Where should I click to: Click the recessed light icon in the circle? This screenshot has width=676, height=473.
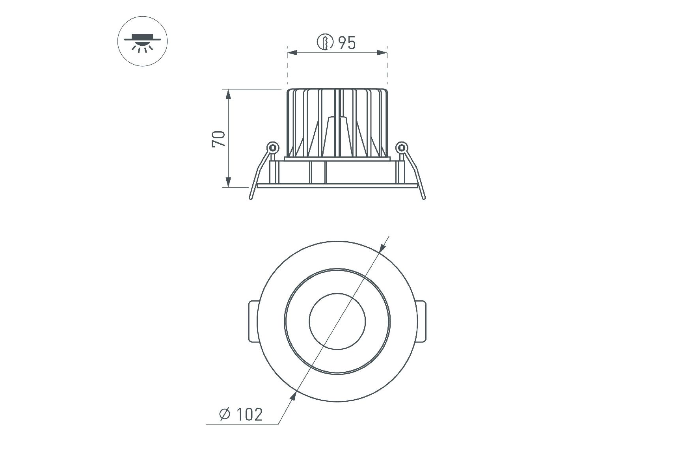143,41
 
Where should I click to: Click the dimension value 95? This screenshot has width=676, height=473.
347,43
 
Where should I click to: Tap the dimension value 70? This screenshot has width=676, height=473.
219,139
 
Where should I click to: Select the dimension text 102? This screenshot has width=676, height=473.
249,414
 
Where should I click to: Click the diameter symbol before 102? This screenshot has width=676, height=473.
225,414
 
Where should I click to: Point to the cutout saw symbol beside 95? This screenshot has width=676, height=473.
326,42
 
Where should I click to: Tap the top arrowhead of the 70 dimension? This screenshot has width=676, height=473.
228,95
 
